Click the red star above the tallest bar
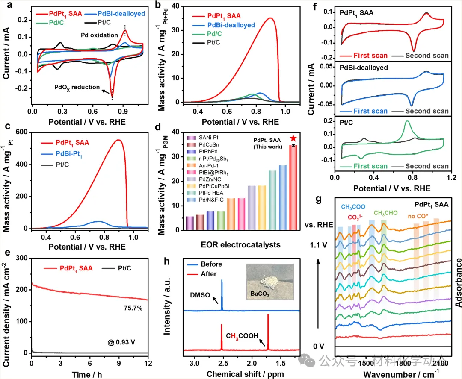(x=293, y=138)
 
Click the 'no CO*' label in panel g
(x=418, y=217)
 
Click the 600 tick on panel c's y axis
(x=19, y=132)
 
